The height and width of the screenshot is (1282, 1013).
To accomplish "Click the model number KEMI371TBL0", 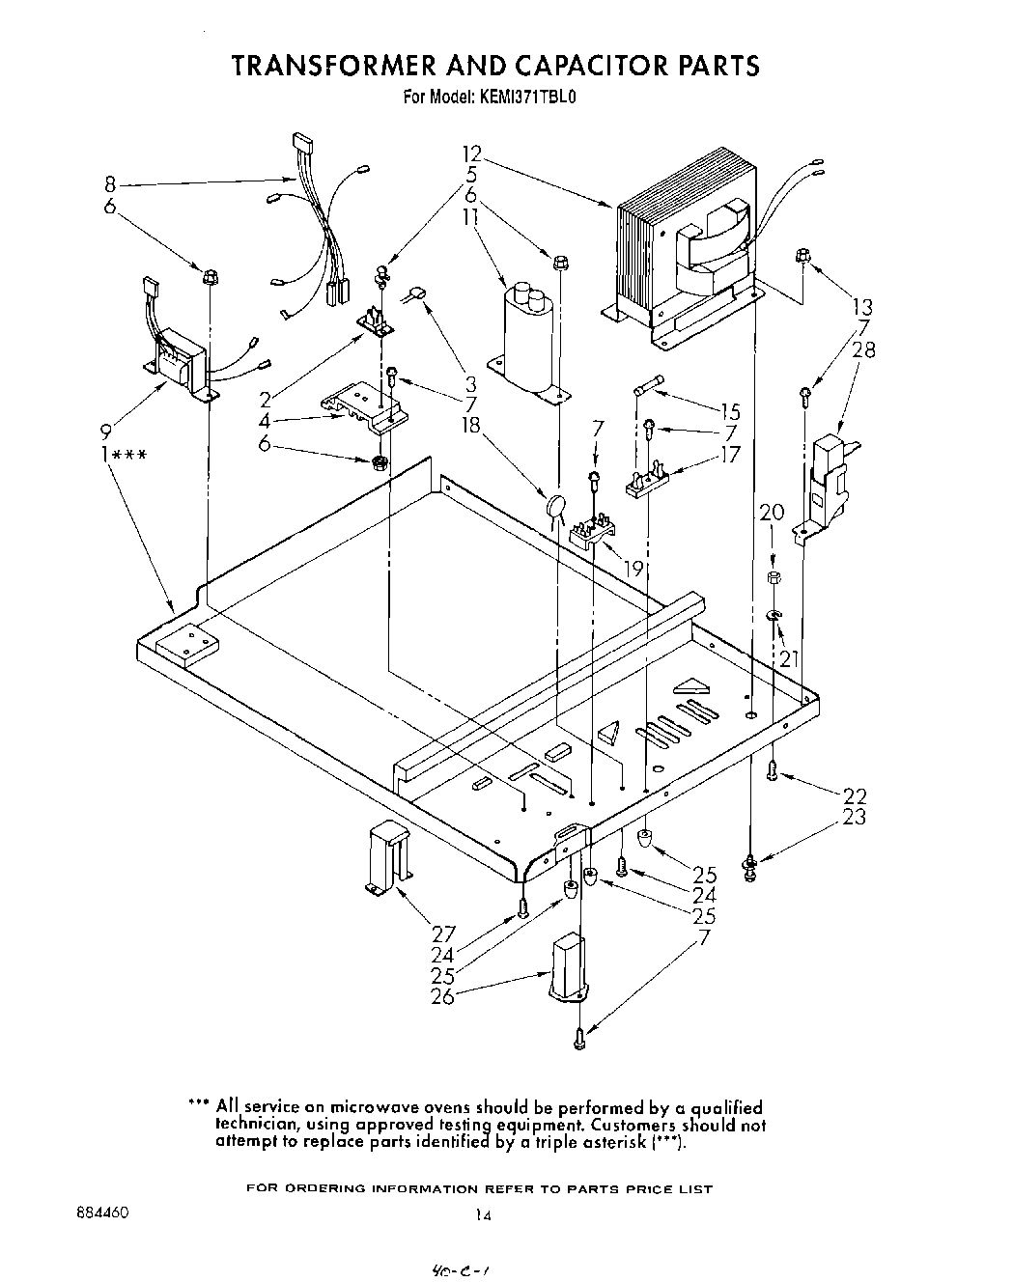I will coord(527,97).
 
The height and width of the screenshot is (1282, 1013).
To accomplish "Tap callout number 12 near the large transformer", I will coord(471,154).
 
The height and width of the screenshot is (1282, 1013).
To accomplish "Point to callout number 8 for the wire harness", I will coord(110,182).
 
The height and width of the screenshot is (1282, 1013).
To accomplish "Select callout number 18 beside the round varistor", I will coord(471,426).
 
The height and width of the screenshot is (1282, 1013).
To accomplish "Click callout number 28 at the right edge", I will coord(864,349).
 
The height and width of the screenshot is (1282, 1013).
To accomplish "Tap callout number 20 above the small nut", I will coord(772,513).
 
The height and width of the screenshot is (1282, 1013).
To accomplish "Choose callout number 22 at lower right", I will coord(855,796).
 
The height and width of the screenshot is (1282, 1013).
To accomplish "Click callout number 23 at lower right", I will coord(855,818).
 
